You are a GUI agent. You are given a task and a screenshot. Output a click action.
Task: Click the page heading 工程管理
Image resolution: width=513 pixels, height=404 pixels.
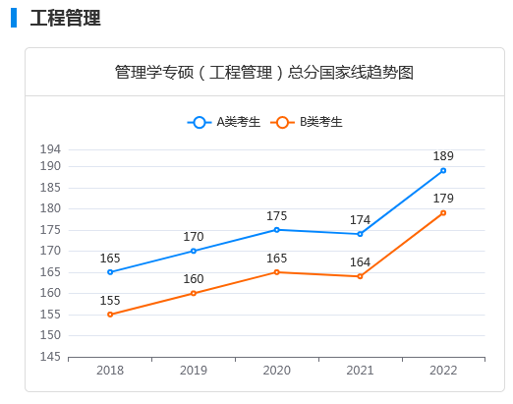[65, 18]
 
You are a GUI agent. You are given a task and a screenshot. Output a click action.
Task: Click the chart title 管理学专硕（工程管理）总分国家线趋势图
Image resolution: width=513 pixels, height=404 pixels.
[263, 72]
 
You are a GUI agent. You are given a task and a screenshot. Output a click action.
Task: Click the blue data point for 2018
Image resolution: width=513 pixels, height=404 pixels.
[110, 272]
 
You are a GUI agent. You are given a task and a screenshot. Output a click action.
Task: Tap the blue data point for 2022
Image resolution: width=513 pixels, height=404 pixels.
[443, 170]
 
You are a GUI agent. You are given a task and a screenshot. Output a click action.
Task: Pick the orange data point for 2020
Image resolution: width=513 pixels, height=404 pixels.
[276, 272]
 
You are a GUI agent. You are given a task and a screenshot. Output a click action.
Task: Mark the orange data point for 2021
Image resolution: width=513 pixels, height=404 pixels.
[360, 276]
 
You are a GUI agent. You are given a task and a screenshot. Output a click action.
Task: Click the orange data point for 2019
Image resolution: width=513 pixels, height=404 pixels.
[194, 293]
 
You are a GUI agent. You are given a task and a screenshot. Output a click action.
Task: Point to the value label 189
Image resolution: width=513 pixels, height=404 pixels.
[443, 155]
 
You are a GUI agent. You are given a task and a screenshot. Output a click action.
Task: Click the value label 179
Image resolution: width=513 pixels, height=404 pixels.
[443, 198]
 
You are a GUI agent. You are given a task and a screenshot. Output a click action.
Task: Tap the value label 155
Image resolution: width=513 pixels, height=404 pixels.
[110, 300]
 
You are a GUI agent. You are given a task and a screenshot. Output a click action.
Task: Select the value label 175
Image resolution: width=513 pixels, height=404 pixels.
[276, 215]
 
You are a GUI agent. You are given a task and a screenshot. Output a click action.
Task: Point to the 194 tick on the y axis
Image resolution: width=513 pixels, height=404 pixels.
[50, 149]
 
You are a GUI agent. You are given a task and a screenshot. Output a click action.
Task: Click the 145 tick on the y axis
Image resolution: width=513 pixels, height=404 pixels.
[50, 357]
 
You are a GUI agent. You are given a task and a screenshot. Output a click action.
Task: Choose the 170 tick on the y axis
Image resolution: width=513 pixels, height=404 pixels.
[50, 251]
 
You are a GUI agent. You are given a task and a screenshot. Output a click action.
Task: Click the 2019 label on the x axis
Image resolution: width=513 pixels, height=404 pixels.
[194, 371]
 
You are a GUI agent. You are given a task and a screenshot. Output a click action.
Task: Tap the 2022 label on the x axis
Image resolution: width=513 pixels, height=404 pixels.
[443, 371]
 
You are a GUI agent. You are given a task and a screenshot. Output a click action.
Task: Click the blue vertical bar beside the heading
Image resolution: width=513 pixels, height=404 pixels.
[14, 18]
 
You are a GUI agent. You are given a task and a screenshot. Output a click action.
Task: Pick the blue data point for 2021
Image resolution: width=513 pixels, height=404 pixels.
[360, 234]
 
